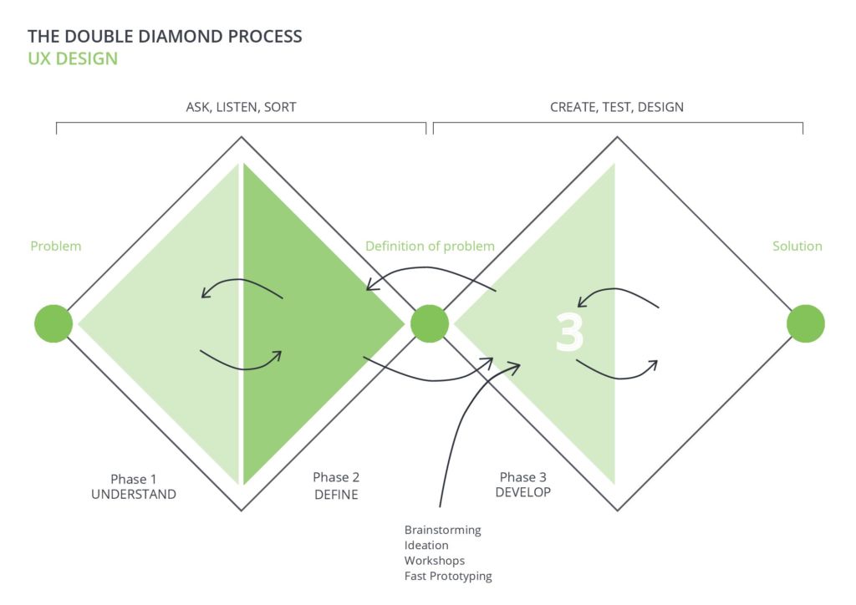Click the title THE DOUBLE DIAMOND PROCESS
(165, 36)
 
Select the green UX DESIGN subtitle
(73, 58)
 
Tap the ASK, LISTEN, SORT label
(242, 107)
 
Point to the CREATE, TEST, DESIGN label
(617, 107)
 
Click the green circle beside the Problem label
(53, 323)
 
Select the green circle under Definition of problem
(430, 323)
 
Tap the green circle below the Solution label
(806, 323)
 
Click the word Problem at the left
(56, 246)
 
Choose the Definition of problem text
(431, 246)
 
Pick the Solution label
(797, 246)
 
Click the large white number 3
(569, 333)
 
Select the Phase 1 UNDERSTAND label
(134, 486)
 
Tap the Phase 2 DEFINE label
(336, 486)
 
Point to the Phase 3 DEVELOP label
(523, 485)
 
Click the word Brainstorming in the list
(443, 531)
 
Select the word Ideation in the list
(426, 545)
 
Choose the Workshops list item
(435, 561)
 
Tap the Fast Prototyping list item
(448, 576)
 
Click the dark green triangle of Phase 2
(306, 323)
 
